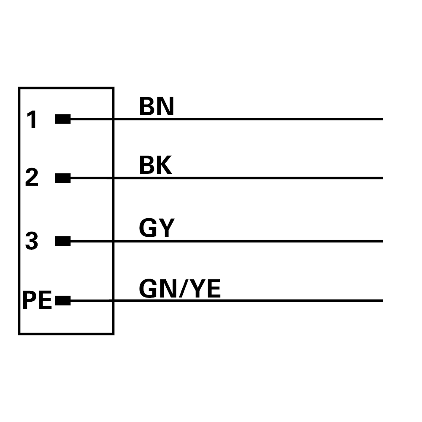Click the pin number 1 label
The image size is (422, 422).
tap(32, 119)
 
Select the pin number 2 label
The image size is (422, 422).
tap(32, 177)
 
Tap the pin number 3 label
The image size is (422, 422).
tap(32, 241)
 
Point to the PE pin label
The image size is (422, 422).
tap(37, 300)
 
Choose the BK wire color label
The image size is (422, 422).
tap(156, 165)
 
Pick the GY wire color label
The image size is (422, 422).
tap(157, 228)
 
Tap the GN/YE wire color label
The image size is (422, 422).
tap(180, 289)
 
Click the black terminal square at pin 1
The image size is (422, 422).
tap(63, 119)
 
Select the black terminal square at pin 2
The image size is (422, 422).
tap(63, 178)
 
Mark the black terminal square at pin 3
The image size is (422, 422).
tap(63, 241)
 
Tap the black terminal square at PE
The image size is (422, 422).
tap(63, 300)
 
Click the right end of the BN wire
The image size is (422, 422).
tap(382, 119)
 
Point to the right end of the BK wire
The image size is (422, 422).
tap(382, 178)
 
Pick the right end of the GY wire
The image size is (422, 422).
tap(382, 241)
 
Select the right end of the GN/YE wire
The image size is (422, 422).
tap(382, 300)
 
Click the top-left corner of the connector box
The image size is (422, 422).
tap(19, 88)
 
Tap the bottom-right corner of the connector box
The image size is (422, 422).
tap(113, 334)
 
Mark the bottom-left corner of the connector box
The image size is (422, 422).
tap(19, 334)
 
